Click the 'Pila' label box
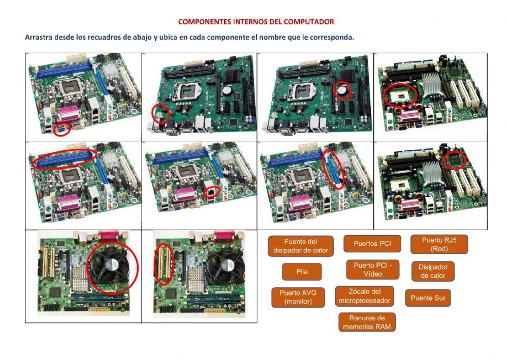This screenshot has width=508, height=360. tap(302, 272)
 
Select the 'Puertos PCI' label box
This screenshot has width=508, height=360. tap(372, 244)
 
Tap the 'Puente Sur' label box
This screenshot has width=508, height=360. tap(428, 298)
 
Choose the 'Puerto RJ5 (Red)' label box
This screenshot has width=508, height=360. tap(439, 244)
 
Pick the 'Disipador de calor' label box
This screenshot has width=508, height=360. tap(433, 271)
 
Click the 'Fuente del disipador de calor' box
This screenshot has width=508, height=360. tap(301, 246)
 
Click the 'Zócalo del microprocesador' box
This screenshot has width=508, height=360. tap(365, 296)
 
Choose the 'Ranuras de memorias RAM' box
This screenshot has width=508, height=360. tap(367, 322)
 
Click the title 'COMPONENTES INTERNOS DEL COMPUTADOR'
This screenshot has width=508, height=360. tap(256, 22)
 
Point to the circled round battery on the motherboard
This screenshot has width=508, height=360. tap(344, 90)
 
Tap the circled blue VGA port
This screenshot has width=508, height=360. tap(62, 129)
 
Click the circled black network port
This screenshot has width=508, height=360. tap(212, 192)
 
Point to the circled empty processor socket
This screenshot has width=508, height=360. tap(400, 95)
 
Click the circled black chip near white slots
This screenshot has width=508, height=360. tap(455, 160)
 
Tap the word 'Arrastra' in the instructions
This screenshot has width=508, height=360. tap(39, 38)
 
